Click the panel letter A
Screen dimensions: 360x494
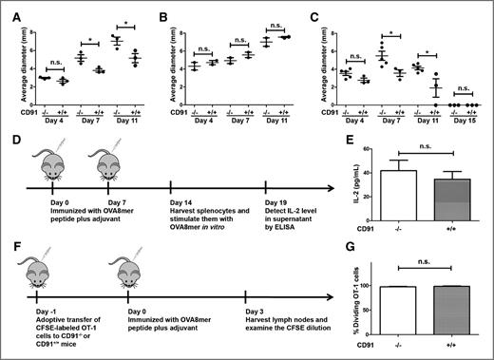pos(7,9)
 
